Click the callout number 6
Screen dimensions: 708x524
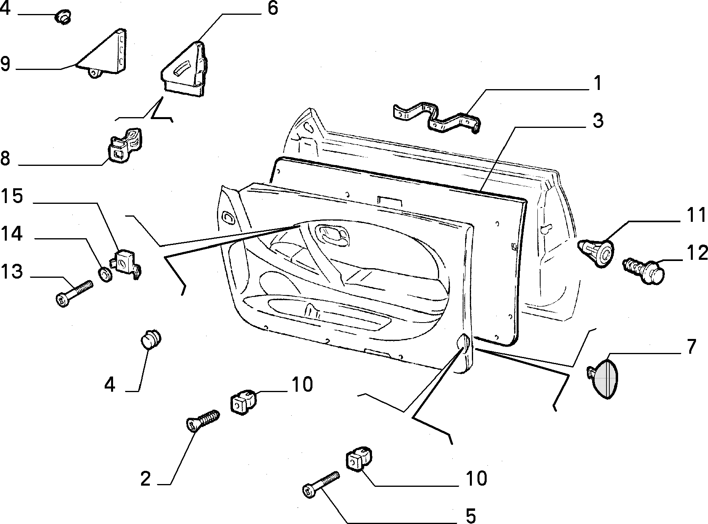pos(272,8)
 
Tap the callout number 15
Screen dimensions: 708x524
pos(12,197)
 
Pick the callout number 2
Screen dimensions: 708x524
pos(145,478)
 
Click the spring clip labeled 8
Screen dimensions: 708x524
pos(125,146)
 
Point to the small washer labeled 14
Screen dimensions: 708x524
pos(105,275)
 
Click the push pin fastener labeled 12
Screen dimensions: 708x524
pos(644,271)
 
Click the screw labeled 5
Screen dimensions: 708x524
pos(321,485)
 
